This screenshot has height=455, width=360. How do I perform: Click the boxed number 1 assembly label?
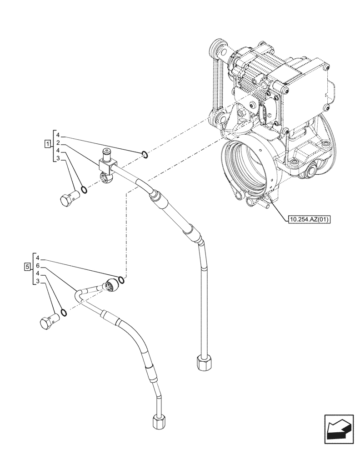coord(47,144)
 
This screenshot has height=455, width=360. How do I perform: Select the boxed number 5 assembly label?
coord(28,266)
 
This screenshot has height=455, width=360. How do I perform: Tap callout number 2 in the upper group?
coord(58,143)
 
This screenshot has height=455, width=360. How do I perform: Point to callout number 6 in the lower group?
coord(38,265)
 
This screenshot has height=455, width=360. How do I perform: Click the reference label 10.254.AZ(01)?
coord(309,220)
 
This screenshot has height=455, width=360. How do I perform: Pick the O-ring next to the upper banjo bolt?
coord(83,188)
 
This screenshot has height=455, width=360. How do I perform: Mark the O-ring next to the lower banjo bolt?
coord(64,313)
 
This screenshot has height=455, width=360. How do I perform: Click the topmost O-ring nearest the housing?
coord(144,155)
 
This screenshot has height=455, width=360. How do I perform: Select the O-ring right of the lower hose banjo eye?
coord(120,279)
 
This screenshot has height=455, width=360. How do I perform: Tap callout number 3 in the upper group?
coord(58,158)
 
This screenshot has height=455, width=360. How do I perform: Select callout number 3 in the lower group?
coord(38,282)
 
